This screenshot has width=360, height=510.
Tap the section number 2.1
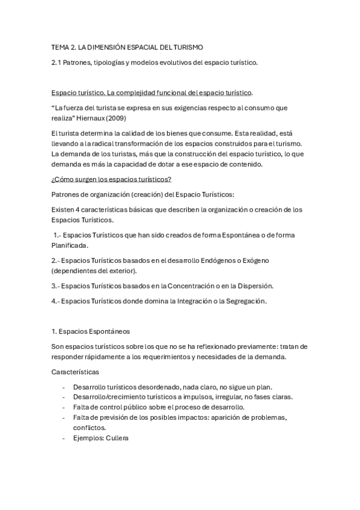(x=56, y=62)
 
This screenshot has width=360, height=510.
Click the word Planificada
(x=69, y=245)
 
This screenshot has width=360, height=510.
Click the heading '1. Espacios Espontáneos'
(x=91, y=331)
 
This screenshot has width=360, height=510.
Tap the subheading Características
(x=75, y=372)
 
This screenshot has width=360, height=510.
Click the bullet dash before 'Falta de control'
(x=64, y=407)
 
